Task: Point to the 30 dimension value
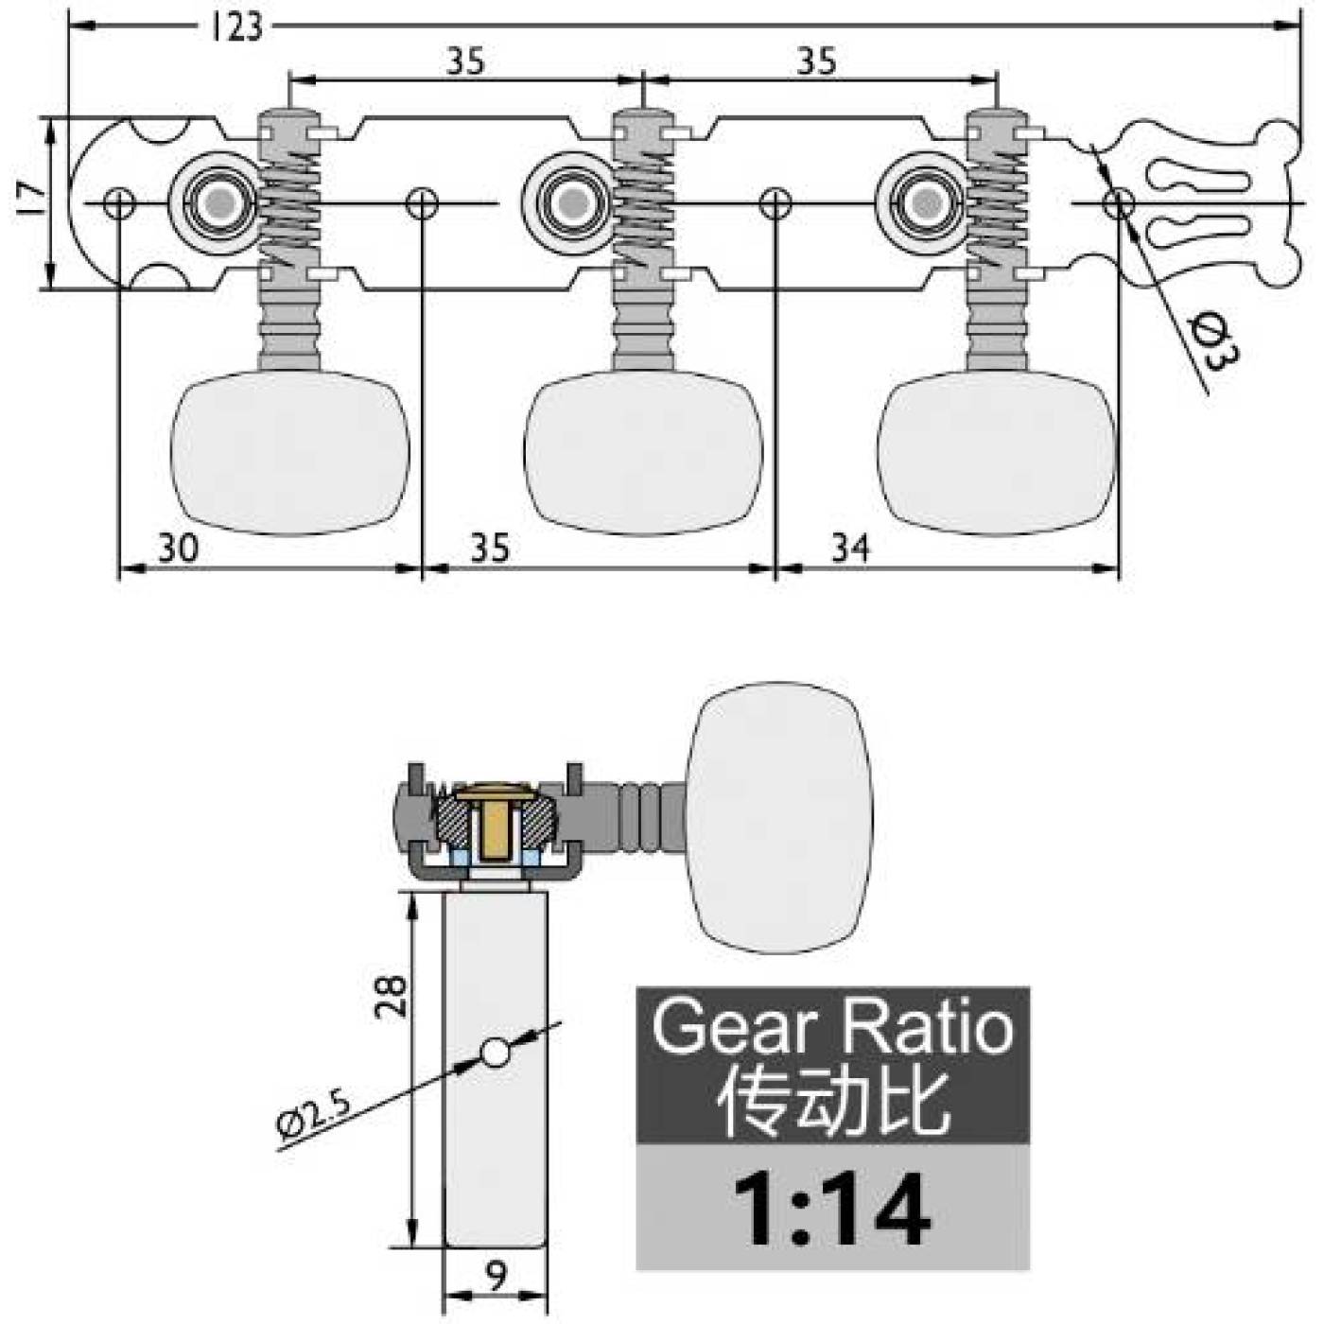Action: [178, 549]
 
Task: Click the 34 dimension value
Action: [850, 549]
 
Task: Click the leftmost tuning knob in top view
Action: [289, 453]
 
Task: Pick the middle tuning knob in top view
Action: [643, 453]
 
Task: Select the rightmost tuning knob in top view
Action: [996, 453]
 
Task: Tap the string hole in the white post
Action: [496, 1053]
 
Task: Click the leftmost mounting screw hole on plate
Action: [119, 202]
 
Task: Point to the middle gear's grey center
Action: [572, 202]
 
